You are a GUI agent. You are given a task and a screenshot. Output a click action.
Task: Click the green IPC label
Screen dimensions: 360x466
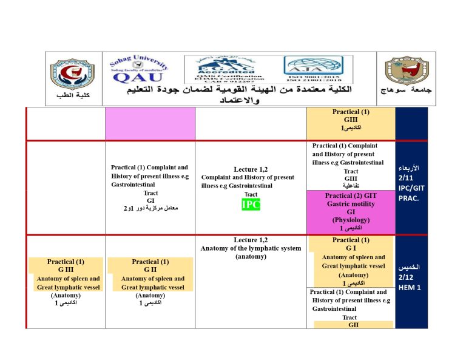(x=251, y=205)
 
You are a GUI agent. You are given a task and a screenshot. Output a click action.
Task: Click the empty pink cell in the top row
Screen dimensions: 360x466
(x=150, y=124)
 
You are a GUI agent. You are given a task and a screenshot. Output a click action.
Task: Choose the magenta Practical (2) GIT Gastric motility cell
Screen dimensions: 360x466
(x=351, y=212)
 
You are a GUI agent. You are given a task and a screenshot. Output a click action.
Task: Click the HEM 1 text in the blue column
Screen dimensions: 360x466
(x=410, y=287)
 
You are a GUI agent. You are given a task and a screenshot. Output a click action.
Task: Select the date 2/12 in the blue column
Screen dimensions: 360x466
(x=410, y=277)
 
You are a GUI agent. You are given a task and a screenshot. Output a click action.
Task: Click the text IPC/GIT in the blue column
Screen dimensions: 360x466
(x=411, y=189)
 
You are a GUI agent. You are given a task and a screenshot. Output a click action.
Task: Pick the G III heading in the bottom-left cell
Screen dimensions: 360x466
(x=65, y=270)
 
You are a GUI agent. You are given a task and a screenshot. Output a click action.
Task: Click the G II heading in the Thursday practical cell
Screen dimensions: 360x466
(x=150, y=270)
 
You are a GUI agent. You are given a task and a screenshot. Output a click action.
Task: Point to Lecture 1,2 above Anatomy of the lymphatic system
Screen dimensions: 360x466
(x=251, y=240)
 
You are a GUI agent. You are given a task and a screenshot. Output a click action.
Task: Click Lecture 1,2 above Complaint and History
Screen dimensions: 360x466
(x=251, y=169)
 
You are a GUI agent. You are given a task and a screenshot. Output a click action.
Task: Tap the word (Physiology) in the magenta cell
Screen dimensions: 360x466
(x=350, y=220)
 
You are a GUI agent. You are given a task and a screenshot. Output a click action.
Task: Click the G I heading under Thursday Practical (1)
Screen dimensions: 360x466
(x=350, y=248)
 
